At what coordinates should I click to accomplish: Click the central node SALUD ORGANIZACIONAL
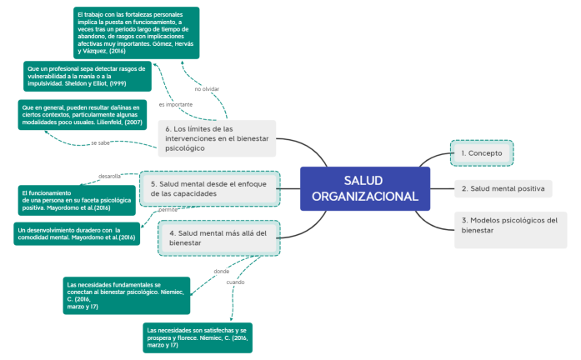coord(364,188)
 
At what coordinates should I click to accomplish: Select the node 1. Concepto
coord(482,153)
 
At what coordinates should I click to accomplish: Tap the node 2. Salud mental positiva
coord(503,188)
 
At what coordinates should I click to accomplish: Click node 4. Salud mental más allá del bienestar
coord(218,238)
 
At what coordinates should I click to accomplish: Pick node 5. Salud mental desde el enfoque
coord(209,188)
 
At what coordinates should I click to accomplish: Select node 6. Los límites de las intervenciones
coord(216,138)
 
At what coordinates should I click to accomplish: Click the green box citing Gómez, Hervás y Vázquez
coord(135,32)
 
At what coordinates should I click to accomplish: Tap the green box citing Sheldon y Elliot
coord(88,76)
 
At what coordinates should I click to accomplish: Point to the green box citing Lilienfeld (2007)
coord(81,116)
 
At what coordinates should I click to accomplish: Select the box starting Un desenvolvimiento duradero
coord(76,233)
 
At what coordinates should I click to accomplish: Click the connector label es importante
coord(175,105)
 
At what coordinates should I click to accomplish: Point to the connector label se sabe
coord(101,143)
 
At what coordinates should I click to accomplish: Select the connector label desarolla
coord(110,177)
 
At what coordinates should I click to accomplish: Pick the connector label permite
coord(168,211)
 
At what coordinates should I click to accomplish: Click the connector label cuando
coord(236,282)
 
